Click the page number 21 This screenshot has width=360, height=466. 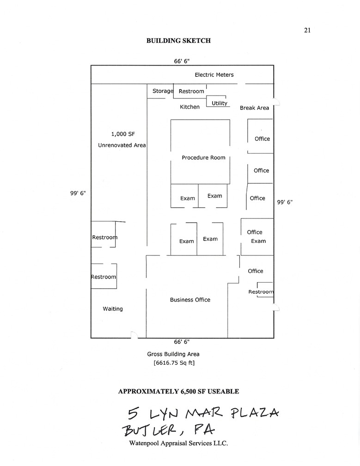click(307, 30)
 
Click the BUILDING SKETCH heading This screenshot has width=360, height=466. click(178, 41)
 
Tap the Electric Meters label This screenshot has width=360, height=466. click(214, 75)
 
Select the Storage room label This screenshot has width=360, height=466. click(163, 91)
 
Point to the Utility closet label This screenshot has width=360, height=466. click(220, 103)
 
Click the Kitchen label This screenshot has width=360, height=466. click(189, 107)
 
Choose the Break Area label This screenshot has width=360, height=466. click(255, 108)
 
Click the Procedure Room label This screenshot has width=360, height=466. click(204, 157)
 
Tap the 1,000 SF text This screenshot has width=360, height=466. click(123, 134)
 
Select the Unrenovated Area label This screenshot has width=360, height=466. click(122, 145)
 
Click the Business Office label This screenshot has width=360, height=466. click(190, 300)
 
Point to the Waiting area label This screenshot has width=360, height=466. click(113, 309)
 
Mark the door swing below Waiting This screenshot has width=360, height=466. click(134, 335)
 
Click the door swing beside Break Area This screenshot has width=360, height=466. click(277, 102)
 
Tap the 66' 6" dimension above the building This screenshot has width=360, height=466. click(182, 61)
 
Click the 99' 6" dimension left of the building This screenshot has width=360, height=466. click(78, 193)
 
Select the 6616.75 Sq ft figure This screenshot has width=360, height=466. click(174, 363)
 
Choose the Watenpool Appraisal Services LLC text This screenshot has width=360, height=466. click(178, 443)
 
